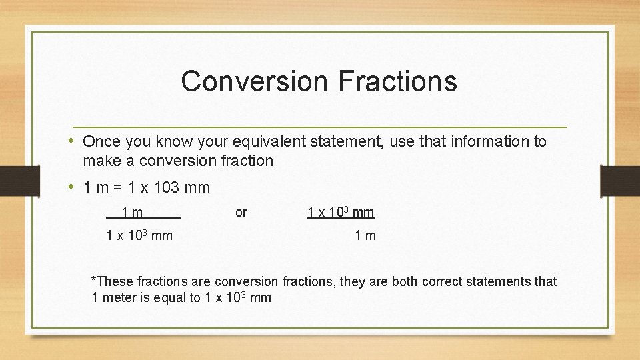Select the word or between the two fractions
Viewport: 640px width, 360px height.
click(241, 213)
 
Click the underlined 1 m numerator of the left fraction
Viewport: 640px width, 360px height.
click(132, 213)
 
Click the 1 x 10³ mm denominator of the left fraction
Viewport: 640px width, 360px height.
click(139, 235)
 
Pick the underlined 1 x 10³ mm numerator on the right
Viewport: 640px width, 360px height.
click(341, 213)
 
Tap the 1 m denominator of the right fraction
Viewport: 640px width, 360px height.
click(365, 235)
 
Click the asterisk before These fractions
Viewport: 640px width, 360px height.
click(94, 280)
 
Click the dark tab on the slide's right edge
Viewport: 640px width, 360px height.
click(619, 181)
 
